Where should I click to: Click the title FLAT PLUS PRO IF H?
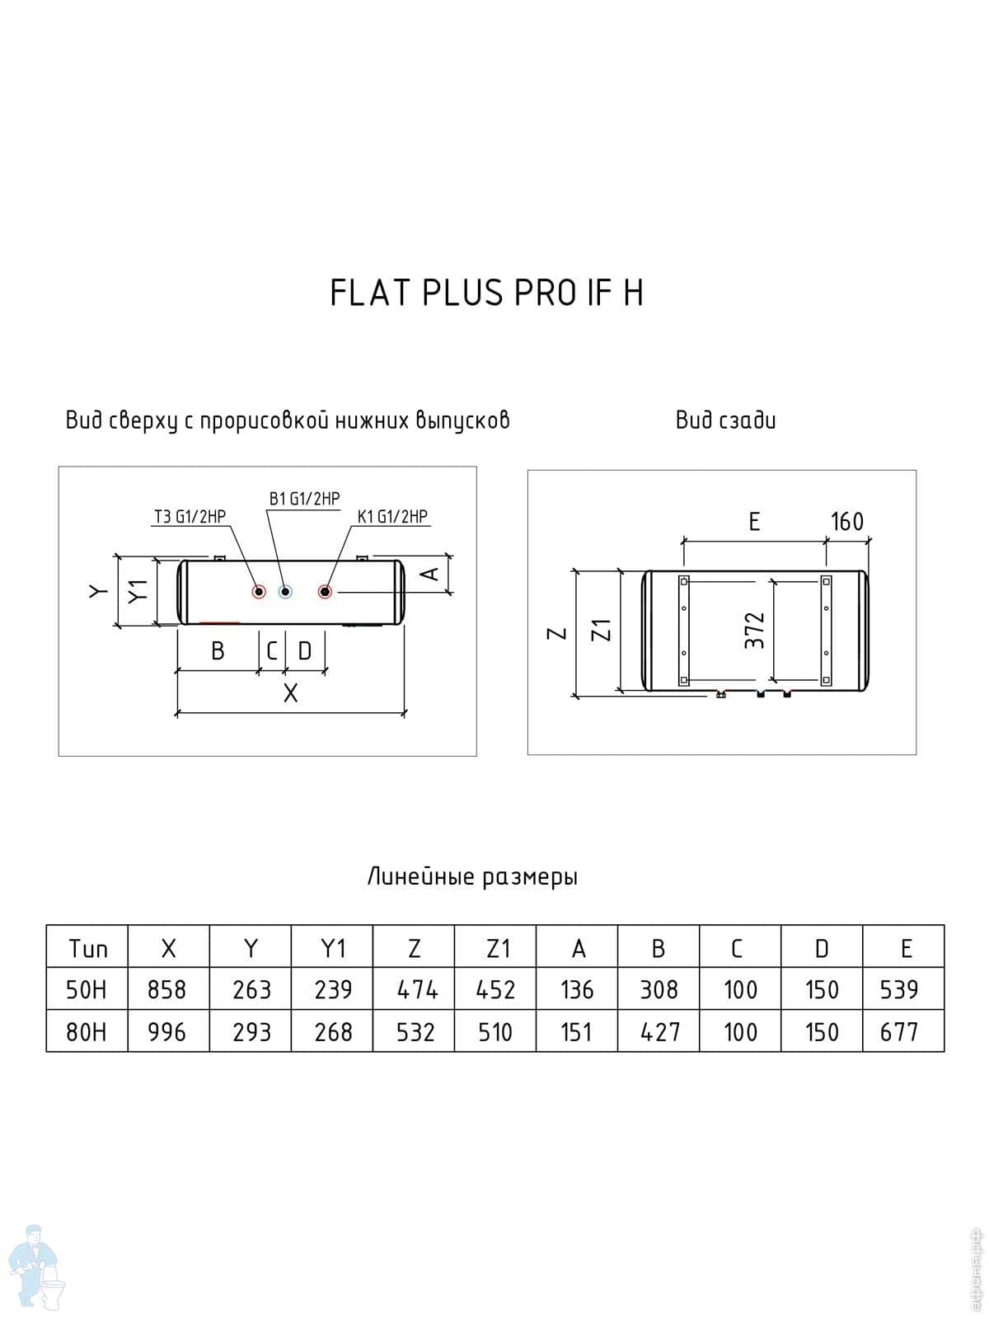pos(486,293)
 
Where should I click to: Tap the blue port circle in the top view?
pos(285,591)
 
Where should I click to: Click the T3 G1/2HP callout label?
pos(190,517)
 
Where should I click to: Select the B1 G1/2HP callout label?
pos(304,499)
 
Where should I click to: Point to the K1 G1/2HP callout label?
pos(392,517)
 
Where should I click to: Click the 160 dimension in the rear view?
pos(846,522)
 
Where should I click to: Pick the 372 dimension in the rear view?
pos(755,630)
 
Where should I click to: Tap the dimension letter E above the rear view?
pos(754,522)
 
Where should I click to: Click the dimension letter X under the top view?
pos(290,694)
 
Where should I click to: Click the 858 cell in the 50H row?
pos(167,989)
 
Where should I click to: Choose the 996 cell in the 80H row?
pos(167,1031)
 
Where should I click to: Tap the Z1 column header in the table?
pos(495,949)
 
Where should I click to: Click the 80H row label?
pos(87,1031)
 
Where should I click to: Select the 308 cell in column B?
pos(659,989)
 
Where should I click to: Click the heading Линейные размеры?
pos(472,876)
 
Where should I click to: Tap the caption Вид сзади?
pos(725,420)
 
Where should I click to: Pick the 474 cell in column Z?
pos(415,989)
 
